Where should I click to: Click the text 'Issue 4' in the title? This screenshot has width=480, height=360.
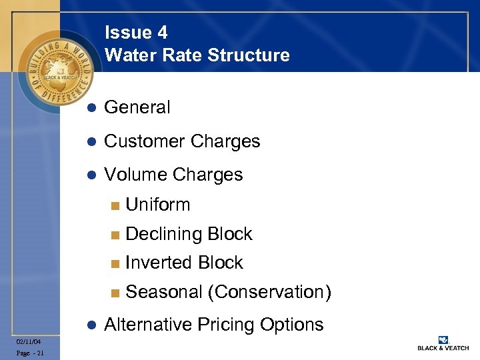pyautogui.click(x=136, y=33)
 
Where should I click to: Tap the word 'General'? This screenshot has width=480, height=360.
pyautogui.click(x=137, y=107)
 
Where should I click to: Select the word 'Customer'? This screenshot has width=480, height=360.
pyautogui.click(x=145, y=141)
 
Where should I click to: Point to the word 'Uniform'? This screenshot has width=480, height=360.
pyautogui.click(x=158, y=205)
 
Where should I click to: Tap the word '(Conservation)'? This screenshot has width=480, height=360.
pyautogui.click(x=269, y=292)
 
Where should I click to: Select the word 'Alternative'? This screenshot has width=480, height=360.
pyautogui.click(x=147, y=325)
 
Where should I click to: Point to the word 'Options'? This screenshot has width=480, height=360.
pyautogui.click(x=292, y=325)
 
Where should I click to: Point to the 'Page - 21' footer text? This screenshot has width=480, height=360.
pyautogui.click(x=31, y=353)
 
